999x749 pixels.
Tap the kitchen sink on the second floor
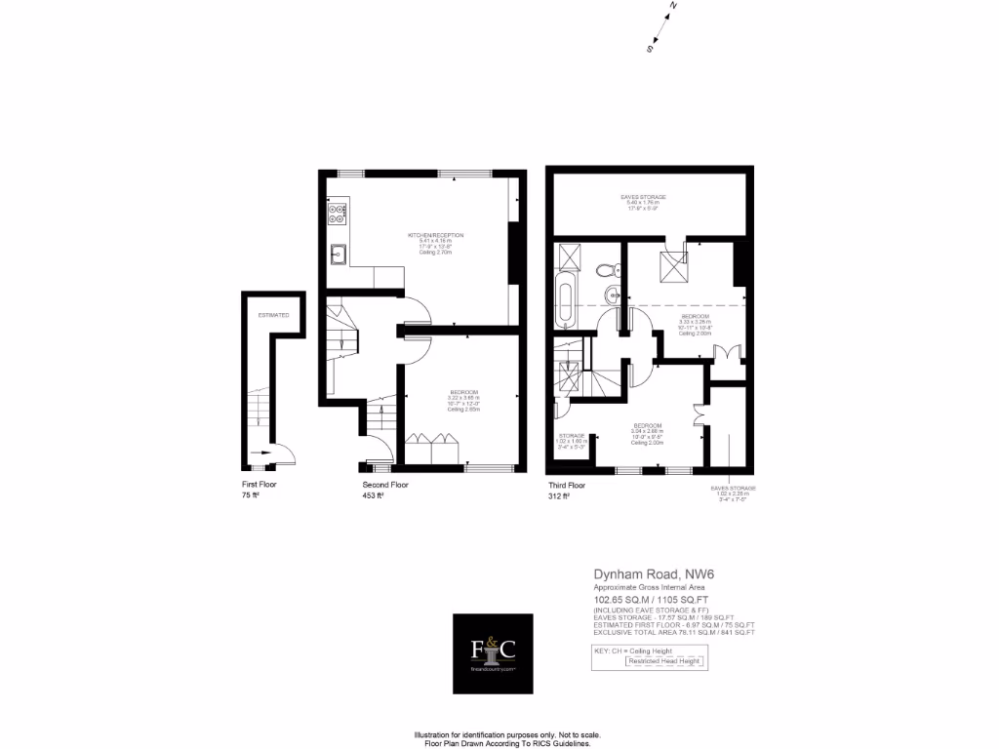click(x=338, y=255)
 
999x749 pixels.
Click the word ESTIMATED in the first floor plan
click(x=273, y=316)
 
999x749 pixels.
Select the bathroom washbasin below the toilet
click(x=612, y=294)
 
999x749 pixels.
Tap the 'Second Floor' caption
click(x=385, y=485)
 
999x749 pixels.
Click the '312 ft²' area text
click(x=559, y=496)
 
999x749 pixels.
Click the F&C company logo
click(x=493, y=653)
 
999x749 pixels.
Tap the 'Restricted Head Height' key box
click(x=663, y=661)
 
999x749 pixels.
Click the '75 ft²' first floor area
click(x=251, y=496)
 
